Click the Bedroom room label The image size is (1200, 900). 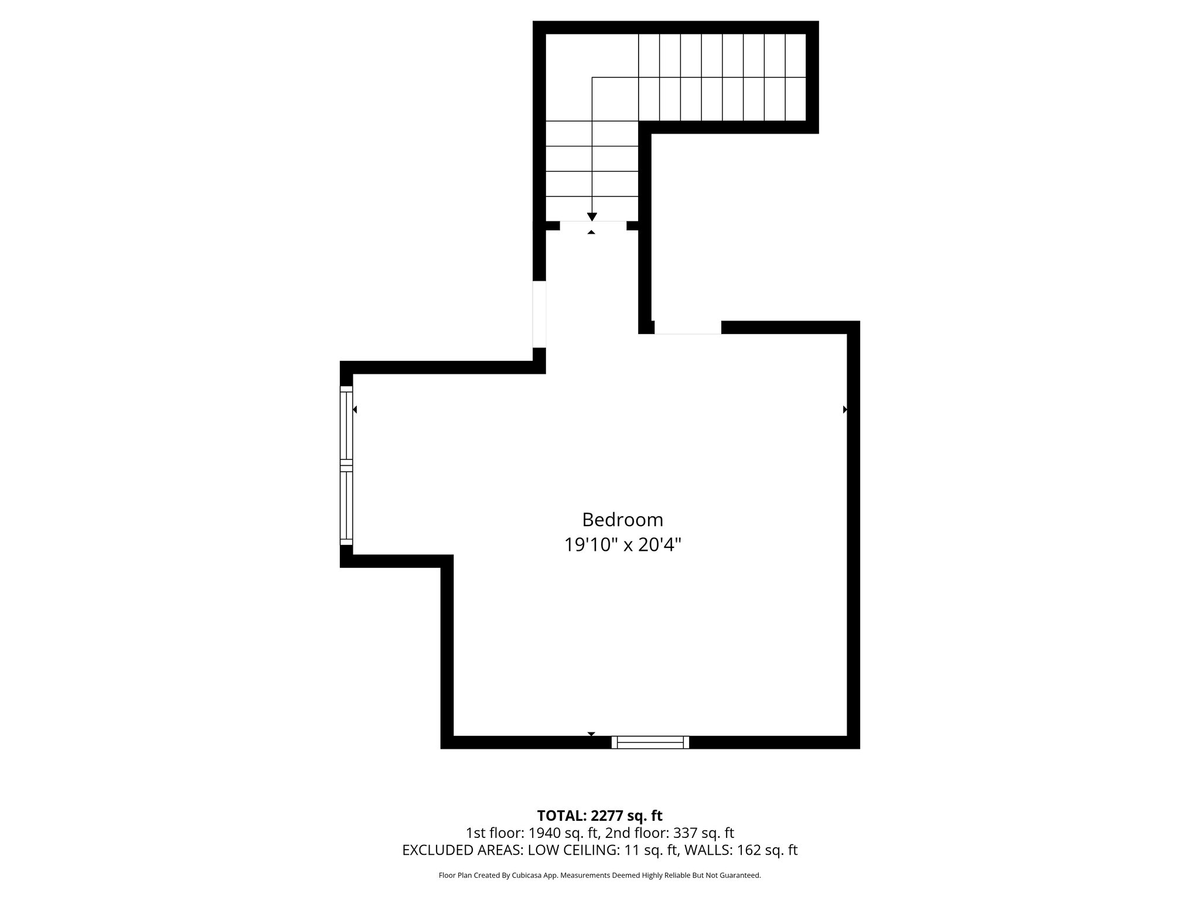[622, 520]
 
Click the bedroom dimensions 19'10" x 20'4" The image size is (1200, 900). [622, 546]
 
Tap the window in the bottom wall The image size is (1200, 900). [650, 742]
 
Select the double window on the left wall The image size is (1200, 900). [346, 465]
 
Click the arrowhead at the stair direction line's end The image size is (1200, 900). [592, 217]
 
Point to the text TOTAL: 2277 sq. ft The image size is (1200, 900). [599, 816]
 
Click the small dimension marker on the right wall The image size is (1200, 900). [845, 410]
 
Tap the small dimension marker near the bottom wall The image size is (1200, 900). [591, 734]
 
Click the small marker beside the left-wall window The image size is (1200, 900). [354, 410]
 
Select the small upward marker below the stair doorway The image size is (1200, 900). [591, 233]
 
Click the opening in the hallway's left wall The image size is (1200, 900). [539, 315]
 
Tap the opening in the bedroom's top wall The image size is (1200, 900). [687, 328]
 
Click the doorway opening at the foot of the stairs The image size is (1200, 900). [593, 225]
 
